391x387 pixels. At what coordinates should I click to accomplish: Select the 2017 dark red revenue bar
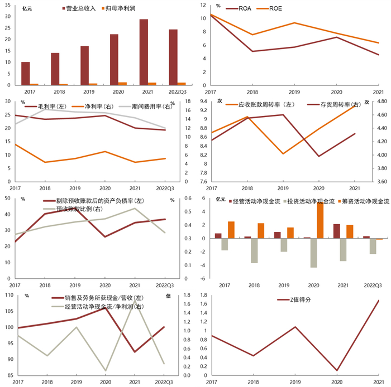[26, 73]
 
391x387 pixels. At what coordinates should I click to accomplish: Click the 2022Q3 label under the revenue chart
[174, 91]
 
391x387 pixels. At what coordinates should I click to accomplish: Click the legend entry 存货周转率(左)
[335, 104]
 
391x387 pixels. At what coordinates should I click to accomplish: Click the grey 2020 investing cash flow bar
[313, 253]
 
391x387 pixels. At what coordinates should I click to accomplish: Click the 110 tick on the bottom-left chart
[10, 295]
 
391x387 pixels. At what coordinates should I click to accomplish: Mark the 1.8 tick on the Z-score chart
[203, 295]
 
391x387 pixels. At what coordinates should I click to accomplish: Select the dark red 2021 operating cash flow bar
[336, 231]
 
